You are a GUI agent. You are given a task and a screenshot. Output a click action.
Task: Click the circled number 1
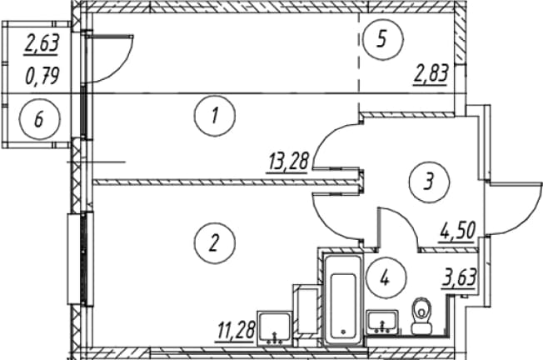[215, 116]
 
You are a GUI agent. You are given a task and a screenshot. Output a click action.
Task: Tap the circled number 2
[215, 242]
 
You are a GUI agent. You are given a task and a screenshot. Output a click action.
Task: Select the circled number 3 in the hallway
[429, 182]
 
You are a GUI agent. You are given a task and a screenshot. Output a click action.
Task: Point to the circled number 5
[383, 39]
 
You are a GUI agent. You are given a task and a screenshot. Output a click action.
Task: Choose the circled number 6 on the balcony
[39, 119]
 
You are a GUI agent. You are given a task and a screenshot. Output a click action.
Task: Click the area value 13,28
[288, 162]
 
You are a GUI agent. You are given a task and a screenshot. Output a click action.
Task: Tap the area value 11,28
[237, 331]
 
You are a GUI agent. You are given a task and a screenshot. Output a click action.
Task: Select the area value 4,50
[457, 232]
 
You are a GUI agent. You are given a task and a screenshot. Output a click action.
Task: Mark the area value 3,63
[459, 278]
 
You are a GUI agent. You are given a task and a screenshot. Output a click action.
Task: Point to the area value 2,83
[431, 74]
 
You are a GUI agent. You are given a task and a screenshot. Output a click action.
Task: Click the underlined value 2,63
[42, 44]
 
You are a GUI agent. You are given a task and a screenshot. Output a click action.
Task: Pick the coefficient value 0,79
[42, 76]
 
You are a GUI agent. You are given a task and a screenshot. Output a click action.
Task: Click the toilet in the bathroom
[421, 317]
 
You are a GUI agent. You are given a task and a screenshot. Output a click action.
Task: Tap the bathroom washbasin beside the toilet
[382, 323]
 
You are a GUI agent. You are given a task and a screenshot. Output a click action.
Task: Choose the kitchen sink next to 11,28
[276, 328]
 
